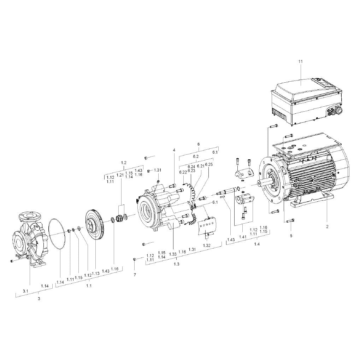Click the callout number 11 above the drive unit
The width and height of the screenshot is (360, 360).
tap(301, 61)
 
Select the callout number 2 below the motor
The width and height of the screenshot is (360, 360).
tap(327, 226)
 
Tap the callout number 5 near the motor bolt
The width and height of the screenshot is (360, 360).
tap(291, 236)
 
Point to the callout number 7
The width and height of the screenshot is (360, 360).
tap(135, 275)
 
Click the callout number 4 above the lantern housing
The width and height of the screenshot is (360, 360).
tap(174, 150)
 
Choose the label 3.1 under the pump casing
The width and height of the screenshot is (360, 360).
tap(25, 291)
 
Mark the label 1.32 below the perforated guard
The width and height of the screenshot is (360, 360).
tap(207, 246)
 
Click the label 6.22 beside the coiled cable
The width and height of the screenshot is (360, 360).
tap(183, 172)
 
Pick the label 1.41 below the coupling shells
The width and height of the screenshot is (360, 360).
tap(243, 237)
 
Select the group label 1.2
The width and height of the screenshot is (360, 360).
tap(124, 163)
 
